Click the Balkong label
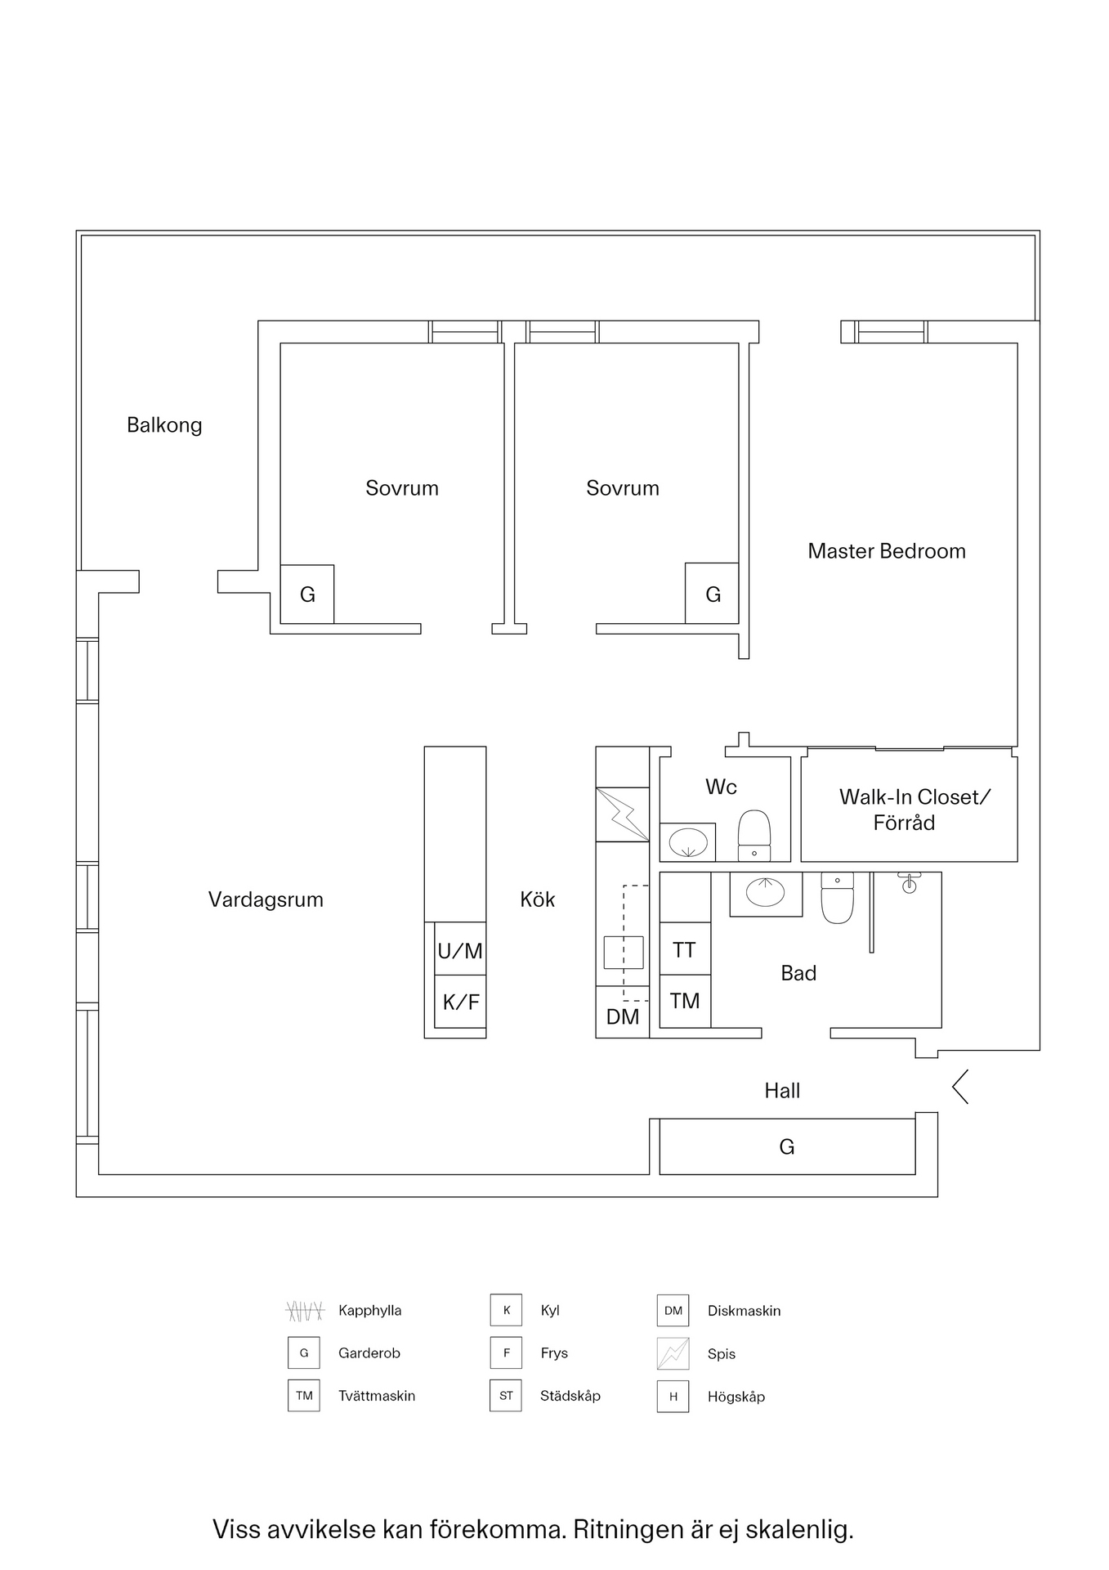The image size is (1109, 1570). coord(164,425)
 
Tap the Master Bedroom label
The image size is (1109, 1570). coord(886,551)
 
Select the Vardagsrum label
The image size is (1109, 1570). coord(266,899)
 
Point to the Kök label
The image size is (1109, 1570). coord(537,899)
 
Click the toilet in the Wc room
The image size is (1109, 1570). coord(753,834)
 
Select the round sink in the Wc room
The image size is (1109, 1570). coord(687,842)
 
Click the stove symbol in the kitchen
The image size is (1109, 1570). coord(622,814)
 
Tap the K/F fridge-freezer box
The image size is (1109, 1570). coord(460,1002)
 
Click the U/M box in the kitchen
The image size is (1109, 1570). coord(460,950)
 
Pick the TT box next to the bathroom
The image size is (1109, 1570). coord(684,949)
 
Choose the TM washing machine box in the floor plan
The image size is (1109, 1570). coord(684,1001)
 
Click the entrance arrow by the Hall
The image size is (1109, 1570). coord(960,1087)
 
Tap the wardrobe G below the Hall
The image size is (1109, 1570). coord(786,1146)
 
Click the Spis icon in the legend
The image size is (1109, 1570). coord(673,1353)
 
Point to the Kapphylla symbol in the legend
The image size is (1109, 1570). coord(305,1311)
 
